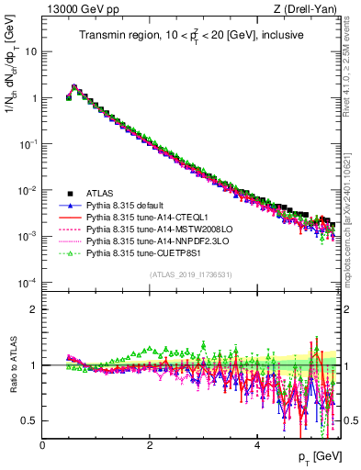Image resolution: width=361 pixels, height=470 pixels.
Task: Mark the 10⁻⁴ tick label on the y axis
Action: pyautogui.click(x=28, y=282)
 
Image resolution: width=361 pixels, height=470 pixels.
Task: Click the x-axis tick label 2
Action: pyautogui.click(x=150, y=445)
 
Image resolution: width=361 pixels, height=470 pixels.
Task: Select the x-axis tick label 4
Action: pyautogui.click(x=257, y=445)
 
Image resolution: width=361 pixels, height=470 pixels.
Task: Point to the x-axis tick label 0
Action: pyautogui.click(x=42, y=445)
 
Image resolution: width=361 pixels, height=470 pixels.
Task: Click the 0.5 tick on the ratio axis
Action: pyautogui.click(x=29, y=420)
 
